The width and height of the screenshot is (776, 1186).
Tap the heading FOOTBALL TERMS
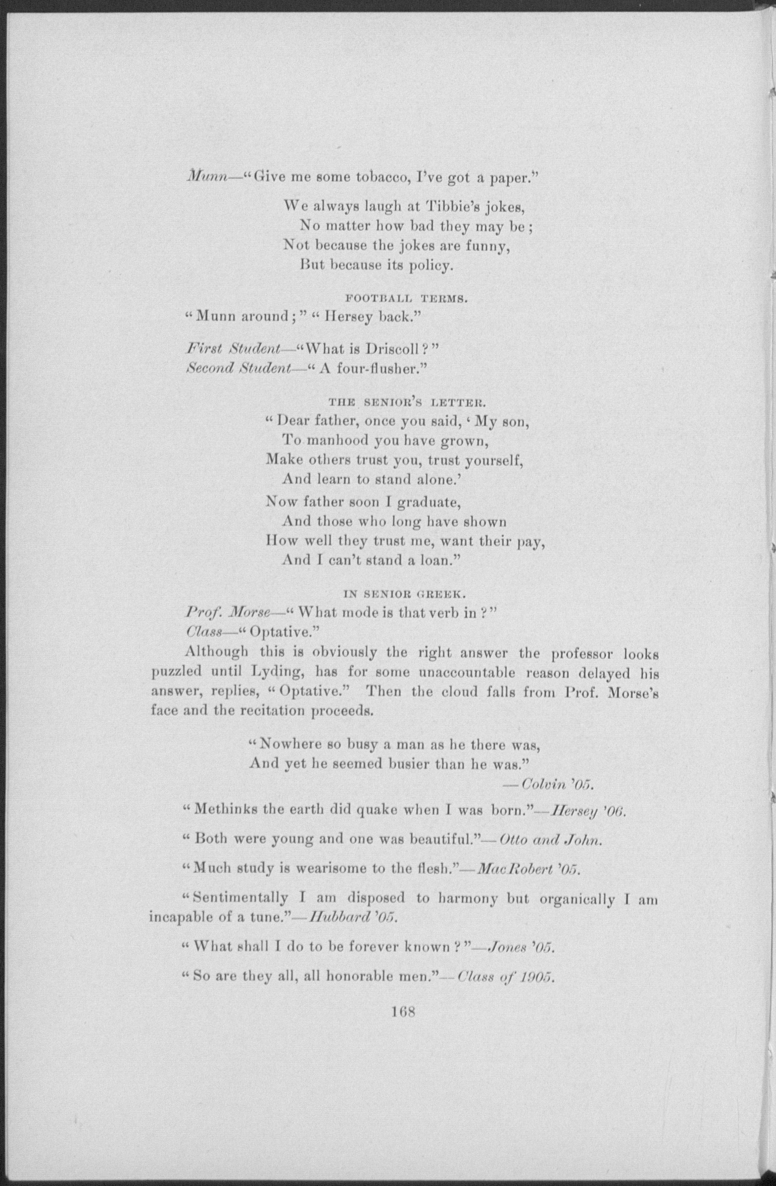pos(406,300)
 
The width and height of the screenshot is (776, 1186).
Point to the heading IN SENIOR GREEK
pos(404,594)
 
